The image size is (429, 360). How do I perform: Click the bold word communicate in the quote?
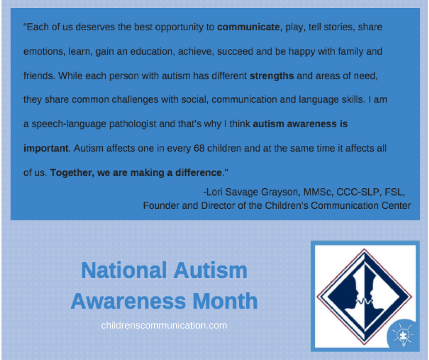pyautogui.click(x=248, y=27)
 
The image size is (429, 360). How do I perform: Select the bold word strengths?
pyautogui.click(x=272, y=76)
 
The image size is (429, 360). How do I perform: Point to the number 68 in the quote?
pyautogui.click(x=199, y=148)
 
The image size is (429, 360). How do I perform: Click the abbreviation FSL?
pyautogui.click(x=394, y=192)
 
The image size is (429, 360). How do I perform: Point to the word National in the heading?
pyautogui.click(x=124, y=270)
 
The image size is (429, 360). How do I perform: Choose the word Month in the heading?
pyautogui.click(x=225, y=301)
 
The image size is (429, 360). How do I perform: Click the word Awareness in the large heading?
pyautogui.click(x=129, y=301)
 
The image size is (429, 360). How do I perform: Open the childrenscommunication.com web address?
pyautogui.click(x=164, y=325)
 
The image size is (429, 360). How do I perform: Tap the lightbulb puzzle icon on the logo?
pyautogui.click(x=403, y=335)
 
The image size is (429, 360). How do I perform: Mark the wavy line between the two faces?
pyautogui.click(x=364, y=301)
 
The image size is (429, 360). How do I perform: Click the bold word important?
pyautogui.click(x=46, y=148)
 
